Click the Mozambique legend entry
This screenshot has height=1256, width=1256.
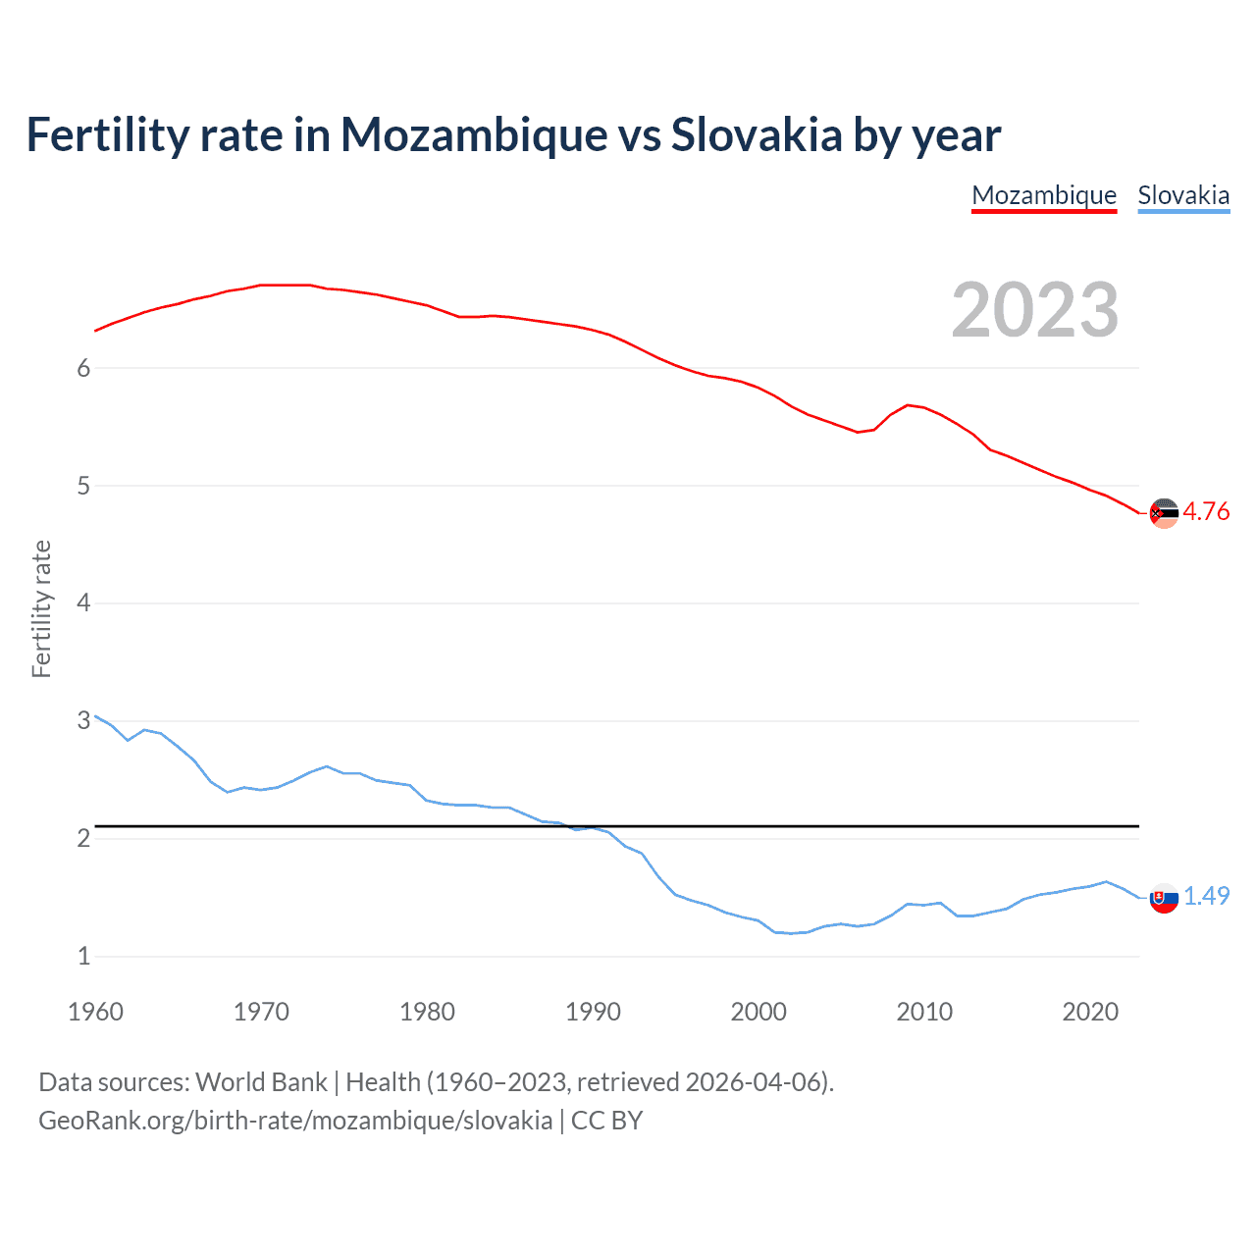pos(1044,195)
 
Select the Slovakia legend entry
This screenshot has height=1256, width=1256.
pos(1183,195)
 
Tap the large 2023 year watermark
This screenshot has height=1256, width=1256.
pos(1034,310)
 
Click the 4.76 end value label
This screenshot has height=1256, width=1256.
pos(1206,511)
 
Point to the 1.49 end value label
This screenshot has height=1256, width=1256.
pos(1206,896)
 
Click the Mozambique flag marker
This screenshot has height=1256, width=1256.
pos(1164,513)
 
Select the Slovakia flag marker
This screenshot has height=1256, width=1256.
pos(1164,898)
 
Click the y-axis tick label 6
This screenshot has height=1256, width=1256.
pos(84,368)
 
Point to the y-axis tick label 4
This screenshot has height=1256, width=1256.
pos(84,602)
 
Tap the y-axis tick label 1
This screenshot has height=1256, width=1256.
pos(84,956)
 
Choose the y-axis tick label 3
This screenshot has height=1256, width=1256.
pos(84,720)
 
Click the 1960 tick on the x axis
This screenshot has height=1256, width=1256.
pos(95,1012)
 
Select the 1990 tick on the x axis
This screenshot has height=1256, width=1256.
pos(593,1012)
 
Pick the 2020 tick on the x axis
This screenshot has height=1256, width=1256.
pos(1090,1012)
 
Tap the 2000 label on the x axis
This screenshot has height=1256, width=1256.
pos(759,1012)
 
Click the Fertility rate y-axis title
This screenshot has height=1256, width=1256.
pos(41,608)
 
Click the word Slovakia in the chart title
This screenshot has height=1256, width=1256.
pos(756,134)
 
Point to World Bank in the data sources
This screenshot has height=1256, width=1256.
pos(261,1082)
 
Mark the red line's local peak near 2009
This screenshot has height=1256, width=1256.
pos(909,404)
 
